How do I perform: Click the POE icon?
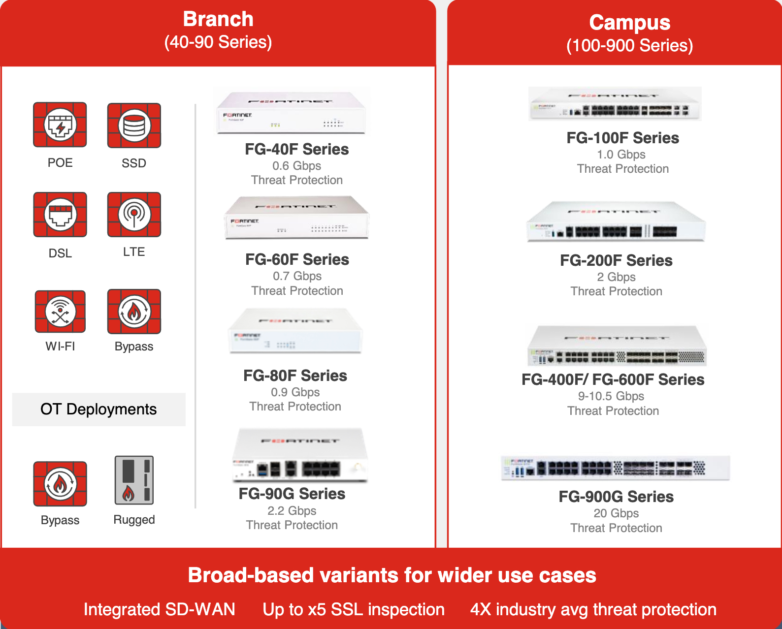click(x=60, y=125)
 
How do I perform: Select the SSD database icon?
click(x=134, y=126)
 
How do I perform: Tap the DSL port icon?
click(x=60, y=215)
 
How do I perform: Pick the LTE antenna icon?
click(x=134, y=214)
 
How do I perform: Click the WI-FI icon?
click(x=60, y=311)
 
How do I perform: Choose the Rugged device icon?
click(x=134, y=480)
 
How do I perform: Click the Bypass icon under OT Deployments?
click(x=60, y=484)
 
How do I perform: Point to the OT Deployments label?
click(x=98, y=409)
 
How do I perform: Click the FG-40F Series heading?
click(x=297, y=149)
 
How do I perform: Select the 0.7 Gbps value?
click(x=297, y=276)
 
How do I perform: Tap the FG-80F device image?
click(x=295, y=331)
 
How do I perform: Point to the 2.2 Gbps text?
click(x=292, y=510)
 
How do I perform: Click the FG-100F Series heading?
click(x=623, y=138)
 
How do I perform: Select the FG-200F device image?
click(x=616, y=221)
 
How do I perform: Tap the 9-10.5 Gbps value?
click(x=611, y=396)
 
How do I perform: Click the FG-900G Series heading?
click(x=616, y=497)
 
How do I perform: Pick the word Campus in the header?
click(x=630, y=23)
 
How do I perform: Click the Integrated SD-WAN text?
click(x=160, y=609)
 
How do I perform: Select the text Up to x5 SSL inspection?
click(x=354, y=609)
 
